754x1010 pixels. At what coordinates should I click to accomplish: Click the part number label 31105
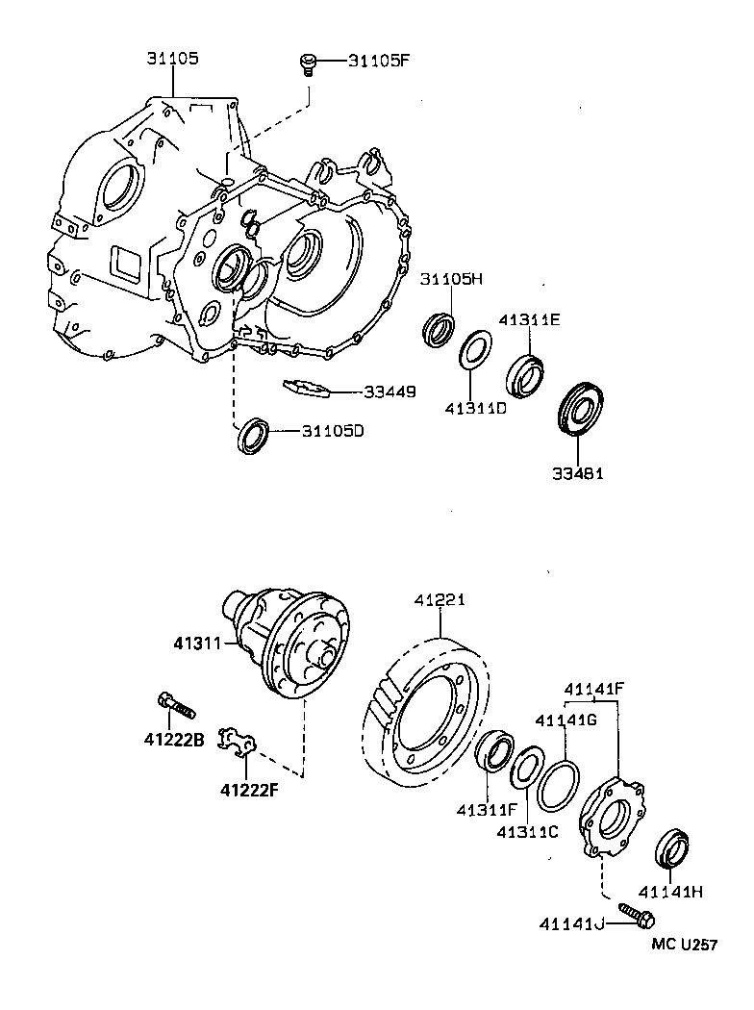(x=172, y=59)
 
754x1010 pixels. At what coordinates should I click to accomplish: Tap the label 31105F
(x=379, y=62)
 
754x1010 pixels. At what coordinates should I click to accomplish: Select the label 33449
(x=390, y=391)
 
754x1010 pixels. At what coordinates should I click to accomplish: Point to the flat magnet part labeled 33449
(x=307, y=388)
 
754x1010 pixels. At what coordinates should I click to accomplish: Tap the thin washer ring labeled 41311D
(x=475, y=349)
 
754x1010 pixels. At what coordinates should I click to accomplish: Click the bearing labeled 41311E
(x=525, y=374)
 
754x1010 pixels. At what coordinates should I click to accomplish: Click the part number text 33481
(x=578, y=473)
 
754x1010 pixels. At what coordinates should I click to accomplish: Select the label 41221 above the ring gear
(x=440, y=599)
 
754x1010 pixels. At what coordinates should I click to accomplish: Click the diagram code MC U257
(x=684, y=946)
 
